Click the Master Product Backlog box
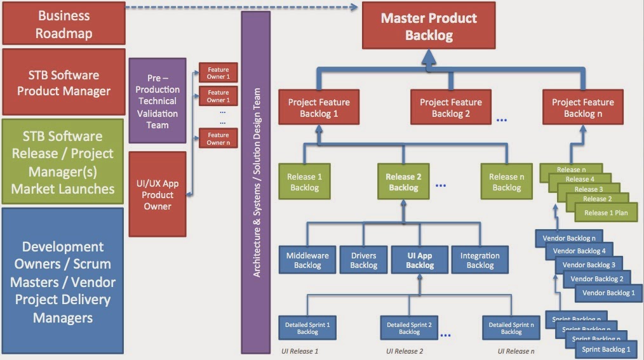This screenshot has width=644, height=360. (429, 27)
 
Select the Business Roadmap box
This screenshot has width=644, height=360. (64, 24)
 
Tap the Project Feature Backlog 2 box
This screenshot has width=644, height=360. (450, 107)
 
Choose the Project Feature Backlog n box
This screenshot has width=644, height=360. (582, 107)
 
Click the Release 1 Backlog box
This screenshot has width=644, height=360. (304, 182)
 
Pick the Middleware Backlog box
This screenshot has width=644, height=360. (307, 260)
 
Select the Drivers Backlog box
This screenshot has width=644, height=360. (363, 260)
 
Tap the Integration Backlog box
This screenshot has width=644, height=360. (480, 260)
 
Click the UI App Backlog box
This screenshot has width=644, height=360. (419, 260)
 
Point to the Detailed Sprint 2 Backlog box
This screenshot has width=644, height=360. (409, 328)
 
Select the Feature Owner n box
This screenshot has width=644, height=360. (218, 138)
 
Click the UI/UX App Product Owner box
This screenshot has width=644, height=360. (158, 193)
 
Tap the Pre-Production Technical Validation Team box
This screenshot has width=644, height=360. (158, 100)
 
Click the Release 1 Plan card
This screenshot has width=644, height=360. (606, 213)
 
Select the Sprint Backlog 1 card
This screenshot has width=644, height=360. (606, 349)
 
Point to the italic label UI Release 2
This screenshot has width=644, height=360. (405, 351)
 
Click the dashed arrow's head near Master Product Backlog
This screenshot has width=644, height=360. (355, 8)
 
